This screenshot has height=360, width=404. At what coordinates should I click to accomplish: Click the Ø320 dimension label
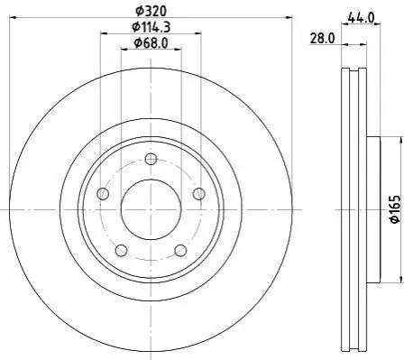point(151,11)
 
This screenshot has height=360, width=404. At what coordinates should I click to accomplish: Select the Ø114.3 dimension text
point(151,27)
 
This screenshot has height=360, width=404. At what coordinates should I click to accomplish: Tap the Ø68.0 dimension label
point(151,43)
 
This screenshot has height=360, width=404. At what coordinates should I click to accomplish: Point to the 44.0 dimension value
point(361,18)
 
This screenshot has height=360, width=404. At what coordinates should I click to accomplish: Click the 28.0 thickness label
point(322,39)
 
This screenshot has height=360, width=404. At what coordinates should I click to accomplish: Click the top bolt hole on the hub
point(151,159)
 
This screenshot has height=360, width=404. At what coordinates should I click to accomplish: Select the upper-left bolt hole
point(103,193)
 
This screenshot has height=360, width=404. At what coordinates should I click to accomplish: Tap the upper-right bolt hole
point(198,193)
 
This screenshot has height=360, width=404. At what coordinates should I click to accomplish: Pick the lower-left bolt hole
point(121,250)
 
